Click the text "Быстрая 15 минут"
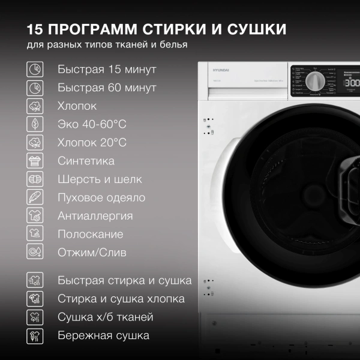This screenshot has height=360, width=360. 107,69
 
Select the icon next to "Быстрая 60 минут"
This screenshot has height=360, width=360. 35,88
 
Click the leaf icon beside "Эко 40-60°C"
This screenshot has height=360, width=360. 35,124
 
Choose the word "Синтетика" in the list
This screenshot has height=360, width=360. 86,161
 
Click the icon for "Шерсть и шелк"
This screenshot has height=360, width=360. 35,179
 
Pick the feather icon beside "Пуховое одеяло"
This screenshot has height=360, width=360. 35,197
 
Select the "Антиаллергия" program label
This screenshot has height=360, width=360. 95,215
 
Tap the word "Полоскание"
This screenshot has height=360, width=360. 90,234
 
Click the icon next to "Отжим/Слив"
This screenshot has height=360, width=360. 35,252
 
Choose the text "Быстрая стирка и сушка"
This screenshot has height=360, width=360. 124,280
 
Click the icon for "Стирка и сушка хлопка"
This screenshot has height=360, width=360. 35,299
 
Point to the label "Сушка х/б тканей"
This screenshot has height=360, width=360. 105,317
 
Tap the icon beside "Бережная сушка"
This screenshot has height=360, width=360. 35,335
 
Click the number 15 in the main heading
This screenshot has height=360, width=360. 36,29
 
